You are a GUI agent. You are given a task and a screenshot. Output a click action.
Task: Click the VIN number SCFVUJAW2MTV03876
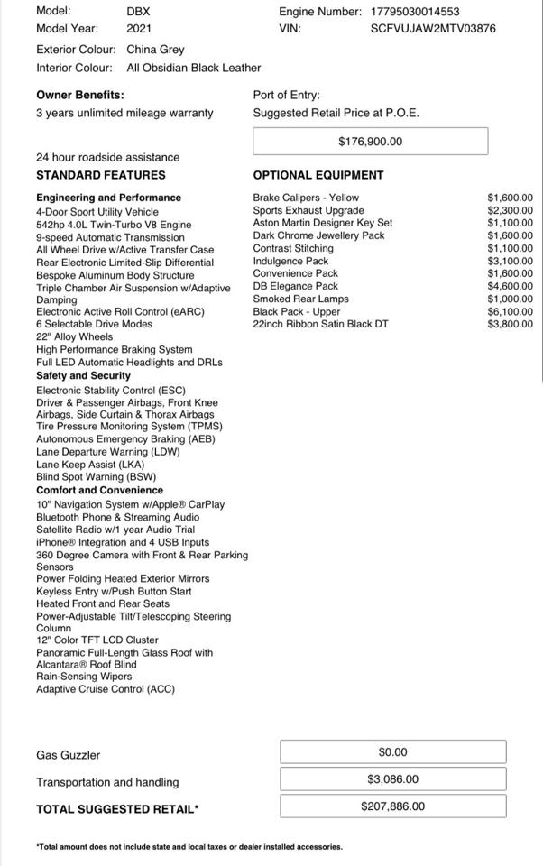point(433,28)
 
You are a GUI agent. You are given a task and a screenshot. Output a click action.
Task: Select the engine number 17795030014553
point(414,12)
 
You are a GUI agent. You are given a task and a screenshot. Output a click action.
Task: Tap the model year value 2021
point(139,28)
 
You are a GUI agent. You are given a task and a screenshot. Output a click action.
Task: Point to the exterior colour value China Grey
point(155,50)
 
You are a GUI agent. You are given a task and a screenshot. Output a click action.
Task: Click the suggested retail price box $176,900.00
point(370,142)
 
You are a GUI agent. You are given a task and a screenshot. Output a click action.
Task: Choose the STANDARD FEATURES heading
point(101,175)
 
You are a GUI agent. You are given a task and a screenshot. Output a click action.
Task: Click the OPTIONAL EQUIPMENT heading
point(318,175)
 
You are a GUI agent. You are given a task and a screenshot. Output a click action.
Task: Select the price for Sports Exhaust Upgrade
point(510,210)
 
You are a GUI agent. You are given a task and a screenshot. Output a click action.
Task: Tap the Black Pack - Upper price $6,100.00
point(510,311)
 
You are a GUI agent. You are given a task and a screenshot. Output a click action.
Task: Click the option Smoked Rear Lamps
point(300,299)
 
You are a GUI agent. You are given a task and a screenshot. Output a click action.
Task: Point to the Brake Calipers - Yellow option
point(306,198)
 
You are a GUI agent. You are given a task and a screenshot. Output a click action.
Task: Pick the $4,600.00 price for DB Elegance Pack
point(510,286)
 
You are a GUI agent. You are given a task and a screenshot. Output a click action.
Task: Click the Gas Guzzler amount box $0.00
point(392,752)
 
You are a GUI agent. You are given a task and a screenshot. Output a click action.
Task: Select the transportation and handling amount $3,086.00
point(392,779)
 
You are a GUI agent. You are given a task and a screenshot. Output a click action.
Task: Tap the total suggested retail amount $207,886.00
point(392,806)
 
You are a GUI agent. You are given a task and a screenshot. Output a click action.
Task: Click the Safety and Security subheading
point(83,375)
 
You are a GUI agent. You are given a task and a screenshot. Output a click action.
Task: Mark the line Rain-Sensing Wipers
point(84,677)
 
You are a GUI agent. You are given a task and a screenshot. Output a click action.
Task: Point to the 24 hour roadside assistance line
point(107,157)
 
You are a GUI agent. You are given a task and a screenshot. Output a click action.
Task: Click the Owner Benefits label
point(80,95)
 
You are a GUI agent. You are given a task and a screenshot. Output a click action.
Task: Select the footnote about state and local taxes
point(189,847)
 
